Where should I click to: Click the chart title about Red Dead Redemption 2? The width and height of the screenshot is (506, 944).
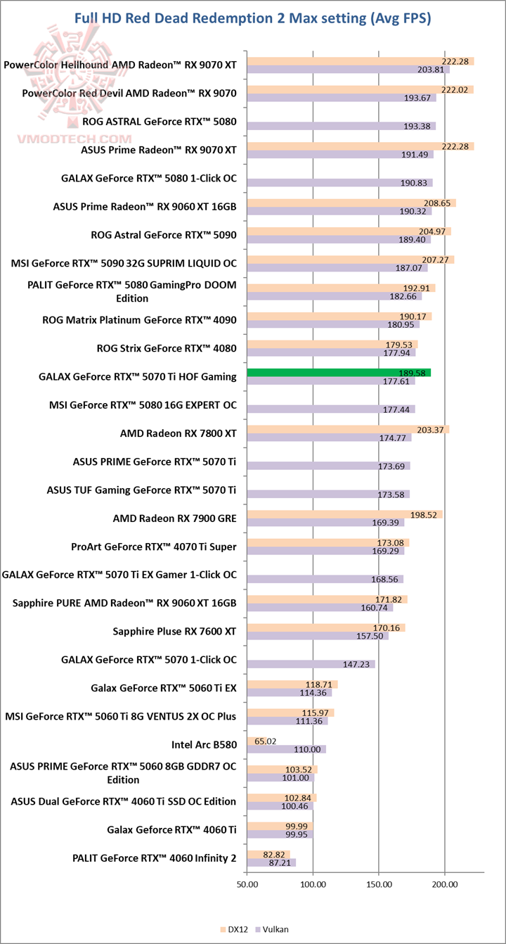pyautogui.click(x=253, y=18)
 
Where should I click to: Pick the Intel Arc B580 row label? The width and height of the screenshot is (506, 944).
pyautogui.click(x=204, y=744)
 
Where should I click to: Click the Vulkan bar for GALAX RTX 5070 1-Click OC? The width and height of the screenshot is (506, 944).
pyautogui.click(x=311, y=664)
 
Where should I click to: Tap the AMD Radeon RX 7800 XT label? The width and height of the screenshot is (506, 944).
pyautogui.click(x=179, y=433)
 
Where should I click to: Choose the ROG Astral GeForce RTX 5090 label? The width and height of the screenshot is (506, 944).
pyautogui.click(x=164, y=235)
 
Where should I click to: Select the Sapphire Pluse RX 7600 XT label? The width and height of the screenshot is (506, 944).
pyautogui.click(x=174, y=632)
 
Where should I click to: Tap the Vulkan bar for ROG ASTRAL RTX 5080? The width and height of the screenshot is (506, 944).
pyautogui.click(x=342, y=126)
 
